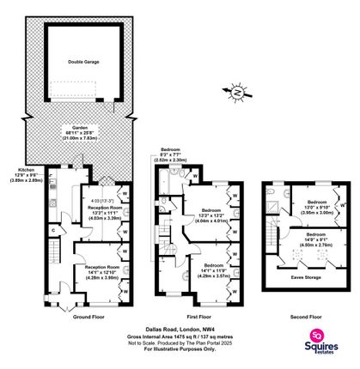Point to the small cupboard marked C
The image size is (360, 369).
pyautogui.click(x=53, y=229)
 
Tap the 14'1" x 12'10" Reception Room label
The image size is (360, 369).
pyautogui.click(x=101, y=271)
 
